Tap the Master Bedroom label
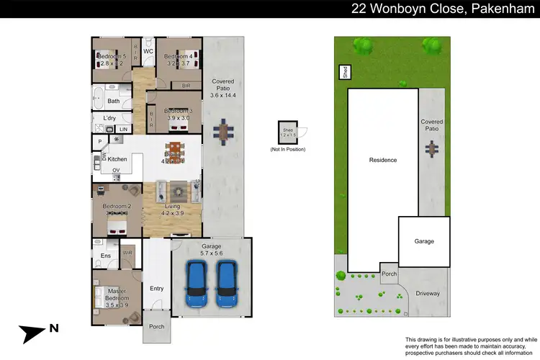pos(117,294)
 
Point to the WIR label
pos(127,253)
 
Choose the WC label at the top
pos(148,52)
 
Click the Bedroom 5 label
pos(112,56)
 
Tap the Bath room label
pos(114,101)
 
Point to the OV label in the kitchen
pos(115,171)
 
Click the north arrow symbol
pos(36,333)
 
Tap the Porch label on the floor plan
pos(156,326)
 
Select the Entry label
pos(156,288)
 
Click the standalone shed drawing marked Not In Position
pos(287,133)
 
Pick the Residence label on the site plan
pos(382,160)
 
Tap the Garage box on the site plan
pos(424,240)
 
